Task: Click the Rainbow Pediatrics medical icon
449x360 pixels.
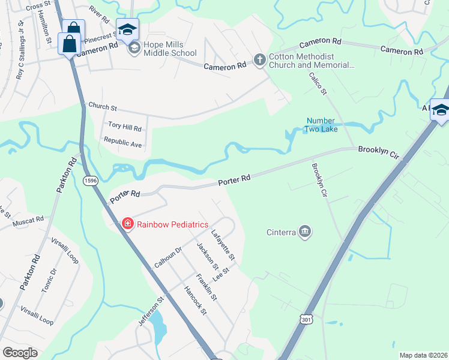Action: pos(127,224)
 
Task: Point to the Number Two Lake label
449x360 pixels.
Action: pos(322,125)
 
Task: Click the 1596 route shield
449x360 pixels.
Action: pos(91,181)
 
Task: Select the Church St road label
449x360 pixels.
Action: pos(102,106)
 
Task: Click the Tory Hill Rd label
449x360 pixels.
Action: pos(125,127)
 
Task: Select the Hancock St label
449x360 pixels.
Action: pos(196,302)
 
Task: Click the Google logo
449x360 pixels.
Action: pos(20,353)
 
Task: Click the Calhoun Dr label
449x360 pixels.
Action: pos(168,257)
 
